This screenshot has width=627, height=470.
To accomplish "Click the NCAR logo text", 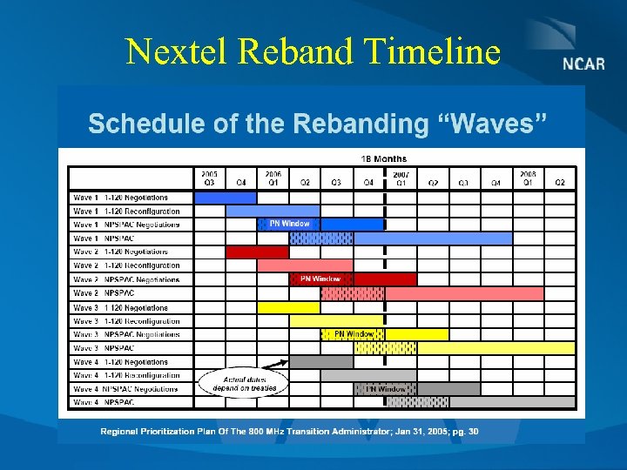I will (x=583, y=65).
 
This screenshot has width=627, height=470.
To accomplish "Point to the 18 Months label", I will (x=383, y=158).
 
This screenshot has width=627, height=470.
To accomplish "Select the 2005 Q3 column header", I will (x=209, y=178).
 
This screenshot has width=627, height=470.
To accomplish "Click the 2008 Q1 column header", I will (x=528, y=178).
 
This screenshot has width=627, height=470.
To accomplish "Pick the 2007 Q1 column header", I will (x=401, y=178).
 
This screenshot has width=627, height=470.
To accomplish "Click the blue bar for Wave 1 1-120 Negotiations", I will (x=225, y=198).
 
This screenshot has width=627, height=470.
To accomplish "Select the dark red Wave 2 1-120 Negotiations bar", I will (x=257, y=252).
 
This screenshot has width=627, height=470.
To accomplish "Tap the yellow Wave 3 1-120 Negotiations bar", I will (x=288, y=307).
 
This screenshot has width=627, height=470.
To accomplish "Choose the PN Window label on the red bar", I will (x=320, y=279).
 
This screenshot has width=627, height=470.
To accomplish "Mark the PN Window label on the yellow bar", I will (x=354, y=334).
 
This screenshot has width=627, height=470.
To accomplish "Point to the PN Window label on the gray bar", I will (x=385, y=389).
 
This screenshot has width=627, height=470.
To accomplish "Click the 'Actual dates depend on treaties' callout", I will (x=244, y=383).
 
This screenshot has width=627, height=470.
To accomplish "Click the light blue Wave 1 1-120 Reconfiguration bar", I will (x=272, y=211).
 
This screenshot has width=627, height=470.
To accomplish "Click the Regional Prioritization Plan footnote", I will (x=289, y=432).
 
